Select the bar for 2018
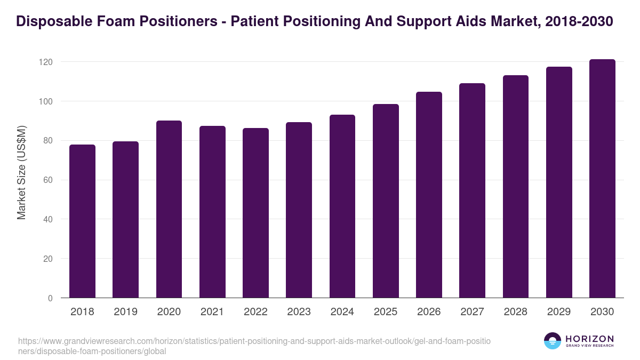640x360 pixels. tap(82, 221)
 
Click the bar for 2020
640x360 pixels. tap(169, 209)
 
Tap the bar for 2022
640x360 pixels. tap(255, 213)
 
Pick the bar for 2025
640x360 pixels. tap(386, 201)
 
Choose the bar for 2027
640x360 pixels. tap(472, 190)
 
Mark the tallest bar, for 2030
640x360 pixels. tap(602, 179)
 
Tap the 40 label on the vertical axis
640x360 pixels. tap(48, 219)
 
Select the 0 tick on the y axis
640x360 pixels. tap(50, 298)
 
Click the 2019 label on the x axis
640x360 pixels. tap(125, 311)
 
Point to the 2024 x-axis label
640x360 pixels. tap(342, 311)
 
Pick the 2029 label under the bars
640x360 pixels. tap(559, 311)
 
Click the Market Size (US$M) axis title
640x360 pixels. tap(21, 172)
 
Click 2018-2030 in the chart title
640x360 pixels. tap(579, 21)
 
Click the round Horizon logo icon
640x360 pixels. tap(553, 341)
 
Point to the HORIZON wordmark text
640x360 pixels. tap(590, 338)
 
